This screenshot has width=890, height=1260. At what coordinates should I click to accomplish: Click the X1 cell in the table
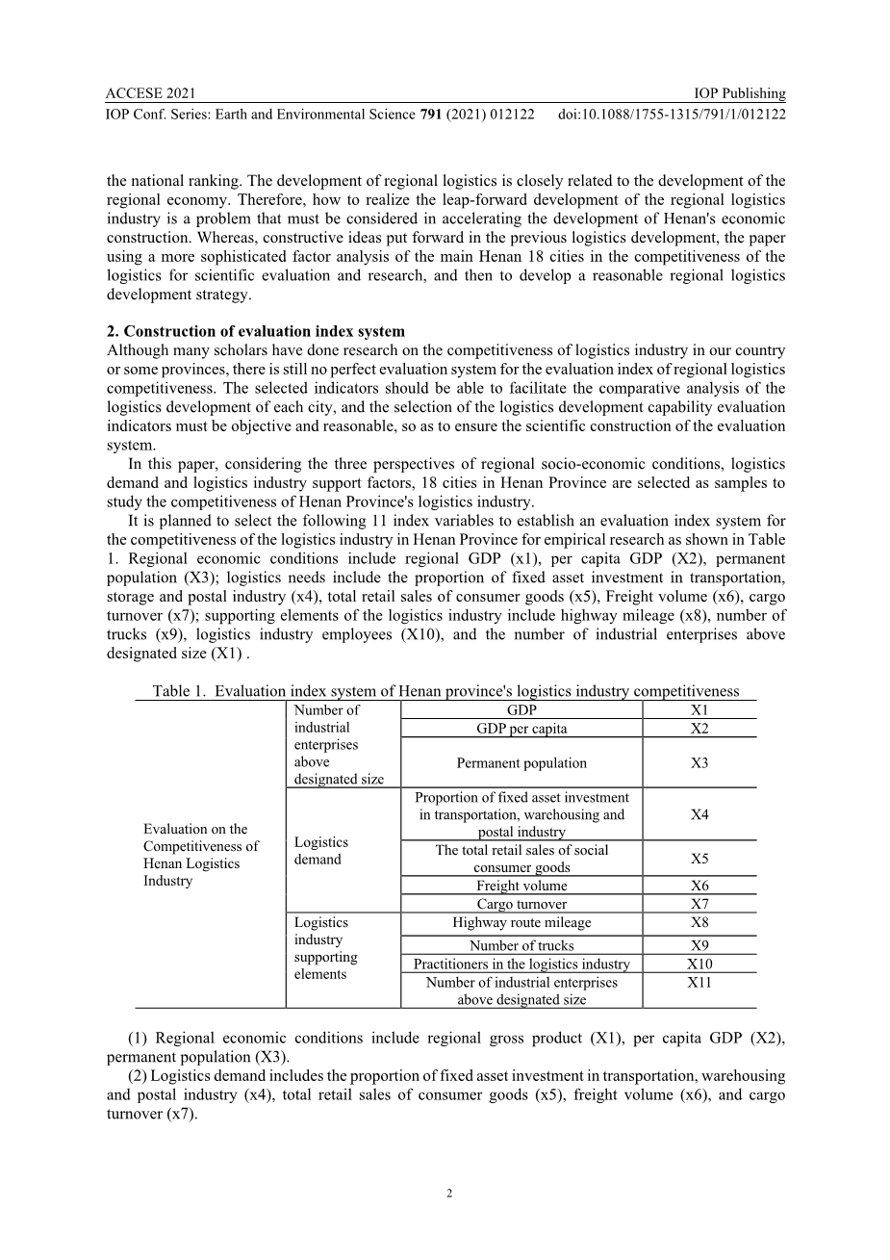699,709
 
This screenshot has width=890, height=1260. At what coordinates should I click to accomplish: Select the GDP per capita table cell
521,729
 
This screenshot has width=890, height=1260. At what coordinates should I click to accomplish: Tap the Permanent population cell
521,763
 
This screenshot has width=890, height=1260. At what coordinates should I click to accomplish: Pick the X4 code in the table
699,814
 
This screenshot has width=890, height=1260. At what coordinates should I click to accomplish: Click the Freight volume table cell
521,886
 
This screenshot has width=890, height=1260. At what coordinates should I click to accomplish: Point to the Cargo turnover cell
521,904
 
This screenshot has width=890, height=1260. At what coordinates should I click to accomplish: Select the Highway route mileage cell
521,922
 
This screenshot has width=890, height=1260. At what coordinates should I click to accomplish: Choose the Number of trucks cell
521,945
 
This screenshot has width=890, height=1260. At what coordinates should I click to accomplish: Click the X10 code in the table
699,964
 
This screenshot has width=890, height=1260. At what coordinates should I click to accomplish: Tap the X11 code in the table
699,982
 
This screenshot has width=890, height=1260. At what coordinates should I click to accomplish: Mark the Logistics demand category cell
321,851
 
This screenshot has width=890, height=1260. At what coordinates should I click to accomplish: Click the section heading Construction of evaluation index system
256,331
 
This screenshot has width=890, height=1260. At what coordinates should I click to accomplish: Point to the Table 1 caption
445,690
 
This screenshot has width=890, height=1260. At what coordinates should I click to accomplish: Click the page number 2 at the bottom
449,1194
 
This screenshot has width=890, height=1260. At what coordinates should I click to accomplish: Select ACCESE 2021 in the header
151,93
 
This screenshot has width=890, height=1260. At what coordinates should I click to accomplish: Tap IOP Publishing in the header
739,93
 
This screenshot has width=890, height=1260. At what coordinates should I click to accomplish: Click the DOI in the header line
672,115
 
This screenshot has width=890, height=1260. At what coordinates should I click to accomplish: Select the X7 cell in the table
699,904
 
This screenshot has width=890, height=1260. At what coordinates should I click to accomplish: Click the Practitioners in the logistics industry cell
521,964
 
